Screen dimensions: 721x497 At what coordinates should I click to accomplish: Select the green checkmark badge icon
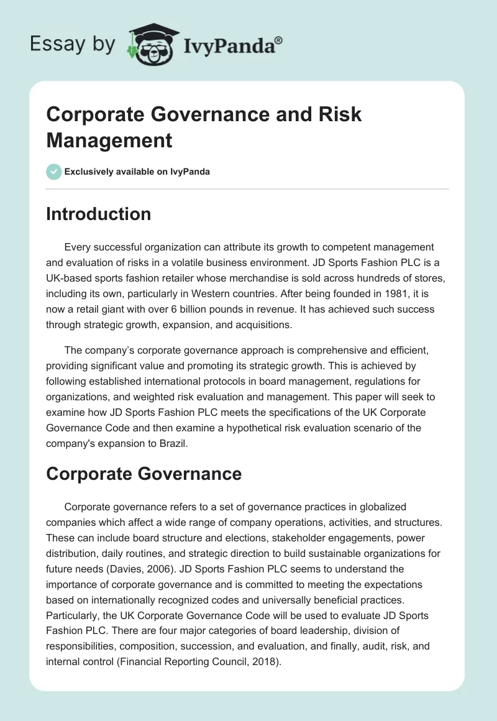54,172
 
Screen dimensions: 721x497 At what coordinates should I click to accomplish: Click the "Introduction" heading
99,214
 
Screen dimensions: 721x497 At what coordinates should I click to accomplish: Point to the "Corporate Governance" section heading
144,474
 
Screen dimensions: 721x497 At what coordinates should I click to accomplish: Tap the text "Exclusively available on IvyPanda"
137,172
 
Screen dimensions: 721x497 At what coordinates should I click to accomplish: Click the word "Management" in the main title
109,140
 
